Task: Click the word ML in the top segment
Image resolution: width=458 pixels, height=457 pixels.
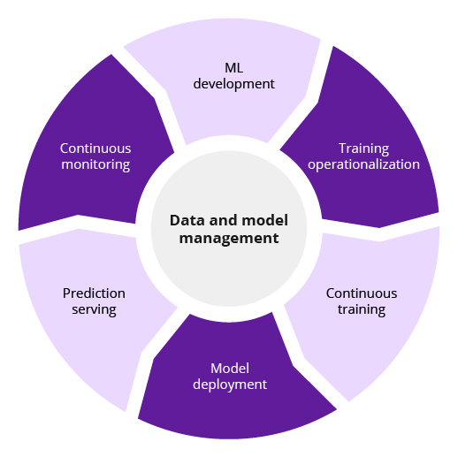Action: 233,68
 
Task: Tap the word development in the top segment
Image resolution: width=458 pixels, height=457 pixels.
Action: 233,84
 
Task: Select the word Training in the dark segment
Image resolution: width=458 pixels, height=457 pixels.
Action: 363,149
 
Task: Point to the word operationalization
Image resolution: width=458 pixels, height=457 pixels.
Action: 363,164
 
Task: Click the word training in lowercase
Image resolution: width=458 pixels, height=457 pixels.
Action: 362,309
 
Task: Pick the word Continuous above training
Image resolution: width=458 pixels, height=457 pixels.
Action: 362,293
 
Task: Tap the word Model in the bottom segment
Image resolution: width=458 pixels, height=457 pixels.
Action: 230,369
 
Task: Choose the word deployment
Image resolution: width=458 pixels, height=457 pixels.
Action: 230,385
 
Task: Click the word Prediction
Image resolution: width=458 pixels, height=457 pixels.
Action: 94,293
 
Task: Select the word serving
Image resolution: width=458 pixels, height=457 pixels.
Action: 94,309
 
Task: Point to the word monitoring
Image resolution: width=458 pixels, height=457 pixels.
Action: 95,164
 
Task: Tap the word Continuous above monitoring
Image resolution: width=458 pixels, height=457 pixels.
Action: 95,149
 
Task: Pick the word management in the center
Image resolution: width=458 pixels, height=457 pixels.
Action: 229,239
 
